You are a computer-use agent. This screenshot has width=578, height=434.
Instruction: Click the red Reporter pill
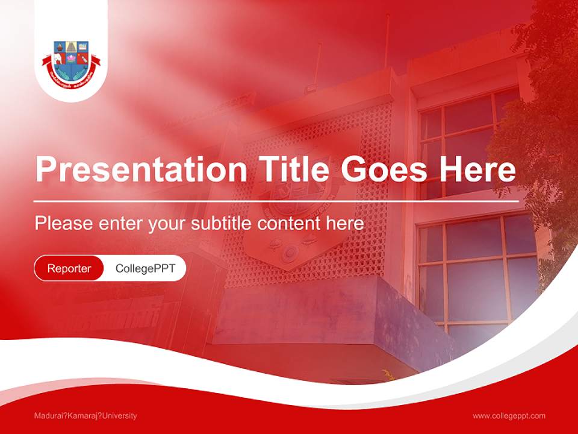pos(69,268)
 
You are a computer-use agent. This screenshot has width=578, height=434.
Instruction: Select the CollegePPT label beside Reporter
pos(145,268)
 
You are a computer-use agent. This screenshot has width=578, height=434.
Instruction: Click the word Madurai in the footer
pos(50,415)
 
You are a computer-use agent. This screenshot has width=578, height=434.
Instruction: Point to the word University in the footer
pos(119,415)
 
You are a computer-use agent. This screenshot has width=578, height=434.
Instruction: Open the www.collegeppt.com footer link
pos(509,415)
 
